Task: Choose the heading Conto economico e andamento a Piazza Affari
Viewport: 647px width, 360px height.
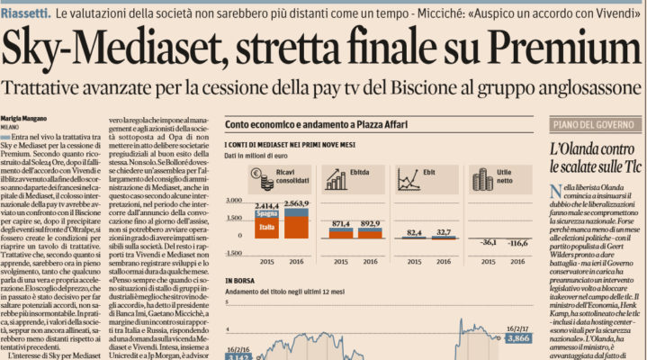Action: click(x=313, y=122)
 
